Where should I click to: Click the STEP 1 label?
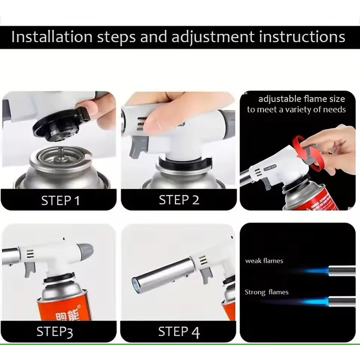[60, 200]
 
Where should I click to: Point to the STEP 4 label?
[179, 332]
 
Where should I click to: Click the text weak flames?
[264, 261]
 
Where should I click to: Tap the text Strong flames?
[266, 292]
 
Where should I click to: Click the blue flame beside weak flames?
[315, 271]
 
